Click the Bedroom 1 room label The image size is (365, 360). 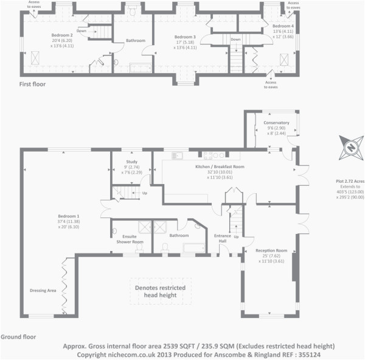click(69, 216)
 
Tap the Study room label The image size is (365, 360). click(132, 162)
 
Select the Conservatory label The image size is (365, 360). click(276, 123)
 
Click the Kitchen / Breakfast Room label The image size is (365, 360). click(219, 166)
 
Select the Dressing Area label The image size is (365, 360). click(43, 291)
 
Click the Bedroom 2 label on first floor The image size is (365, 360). click(63, 36)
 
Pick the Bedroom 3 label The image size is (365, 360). click(184, 37)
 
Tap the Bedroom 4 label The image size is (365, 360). click(282, 27)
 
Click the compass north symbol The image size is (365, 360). click(350, 147)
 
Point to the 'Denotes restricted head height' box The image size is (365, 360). click(161, 292)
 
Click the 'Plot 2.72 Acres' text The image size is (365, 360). click(350, 181)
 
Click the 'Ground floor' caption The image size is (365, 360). click(18, 336)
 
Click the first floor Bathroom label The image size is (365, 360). click(135, 41)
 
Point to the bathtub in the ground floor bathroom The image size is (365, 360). click(195, 247)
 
